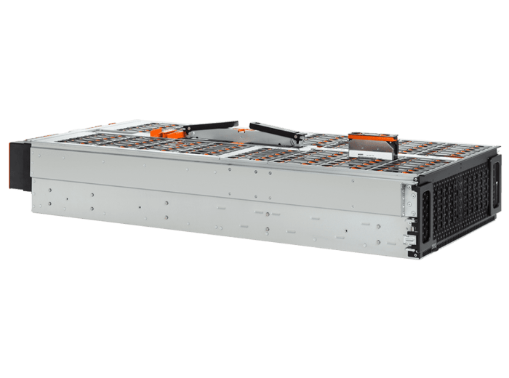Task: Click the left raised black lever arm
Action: [x=212, y=126]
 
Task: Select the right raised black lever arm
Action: [x=277, y=129]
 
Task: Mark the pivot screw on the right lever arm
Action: [x=299, y=134]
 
